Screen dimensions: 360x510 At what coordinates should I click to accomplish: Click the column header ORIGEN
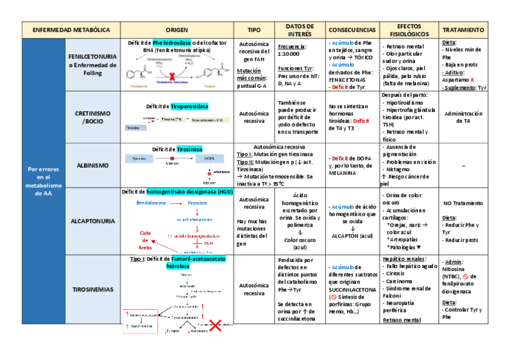point(177,29)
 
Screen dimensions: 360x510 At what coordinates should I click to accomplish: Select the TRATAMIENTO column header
point(462,29)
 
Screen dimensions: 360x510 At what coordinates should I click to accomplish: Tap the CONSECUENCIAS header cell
point(352,29)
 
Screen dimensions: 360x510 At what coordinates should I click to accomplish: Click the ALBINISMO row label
point(92,165)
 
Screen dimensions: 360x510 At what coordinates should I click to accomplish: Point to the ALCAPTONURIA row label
point(92,221)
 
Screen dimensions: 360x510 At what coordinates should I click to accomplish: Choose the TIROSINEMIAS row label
point(92,289)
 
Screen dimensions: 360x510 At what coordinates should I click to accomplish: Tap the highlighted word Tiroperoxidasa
point(189,106)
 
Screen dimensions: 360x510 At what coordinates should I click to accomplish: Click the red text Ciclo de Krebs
point(145,240)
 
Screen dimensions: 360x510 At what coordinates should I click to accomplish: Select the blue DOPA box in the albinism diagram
point(209,158)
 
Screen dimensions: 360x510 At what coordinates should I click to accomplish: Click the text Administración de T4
point(462,117)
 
